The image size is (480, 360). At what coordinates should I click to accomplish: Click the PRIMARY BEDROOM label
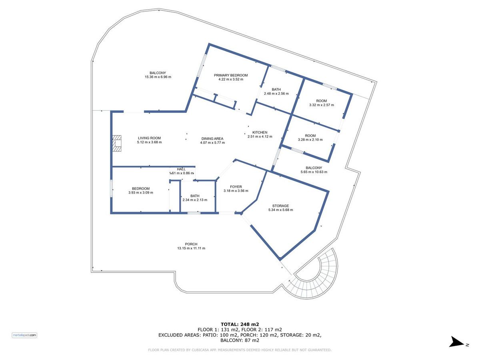click(x=231, y=75)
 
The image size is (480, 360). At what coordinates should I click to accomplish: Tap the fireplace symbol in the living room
click(x=117, y=143)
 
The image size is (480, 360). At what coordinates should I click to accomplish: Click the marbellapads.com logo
click(x=24, y=335)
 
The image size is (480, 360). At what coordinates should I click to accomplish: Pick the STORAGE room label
click(x=280, y=206)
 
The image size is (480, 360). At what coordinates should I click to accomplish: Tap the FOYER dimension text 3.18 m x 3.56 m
click(x=236, y=191)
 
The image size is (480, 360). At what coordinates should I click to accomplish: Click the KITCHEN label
click(x=260, y=132)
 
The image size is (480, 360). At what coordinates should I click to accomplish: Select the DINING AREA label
click(x=212, y=138)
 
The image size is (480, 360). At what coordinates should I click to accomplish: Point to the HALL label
click(x=181, y=169)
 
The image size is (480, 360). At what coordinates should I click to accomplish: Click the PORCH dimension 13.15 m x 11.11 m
click(x=191, y=248)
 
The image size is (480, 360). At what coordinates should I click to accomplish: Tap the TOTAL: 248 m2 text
click(x=240, y=324)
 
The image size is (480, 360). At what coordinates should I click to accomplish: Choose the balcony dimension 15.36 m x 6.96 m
click(x=158, y=77)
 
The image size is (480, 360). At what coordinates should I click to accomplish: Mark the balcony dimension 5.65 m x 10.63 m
click(x=314, y=172)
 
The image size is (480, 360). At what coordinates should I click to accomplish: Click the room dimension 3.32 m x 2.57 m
click(x=322, y=105)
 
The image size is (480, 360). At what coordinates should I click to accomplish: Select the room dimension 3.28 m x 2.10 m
click(x=310, y=140)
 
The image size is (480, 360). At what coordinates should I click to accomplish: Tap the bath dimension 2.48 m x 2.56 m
click(x=276, y=94)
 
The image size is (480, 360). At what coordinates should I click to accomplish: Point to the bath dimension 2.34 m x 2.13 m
click(x=195, y=200)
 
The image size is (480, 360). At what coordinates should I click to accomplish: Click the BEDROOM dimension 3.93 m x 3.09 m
click(x=141, y=192)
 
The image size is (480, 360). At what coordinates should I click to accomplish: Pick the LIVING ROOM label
click(x=149, y=138)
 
